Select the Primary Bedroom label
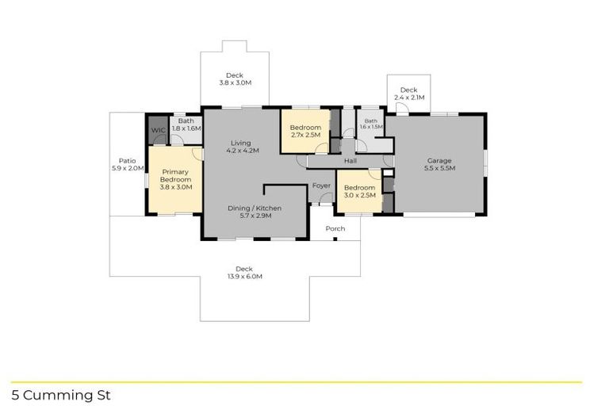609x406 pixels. click(x=176, y=175)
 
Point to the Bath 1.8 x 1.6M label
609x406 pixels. click(x=186, y=124)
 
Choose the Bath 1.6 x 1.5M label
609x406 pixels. click(x=371, y=124)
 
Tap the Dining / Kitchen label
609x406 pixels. click(x=255, y=208)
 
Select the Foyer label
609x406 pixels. click(x=321, y=186)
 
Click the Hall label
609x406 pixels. click(x=350, y=161)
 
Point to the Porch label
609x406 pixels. click(x=335, y=228)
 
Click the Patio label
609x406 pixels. click(x=127, y=160)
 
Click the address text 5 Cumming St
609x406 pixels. click(x=61, y=394)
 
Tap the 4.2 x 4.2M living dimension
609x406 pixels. click(x=243, y=150)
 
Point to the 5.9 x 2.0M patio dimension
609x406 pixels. click(x=127, y=168)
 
